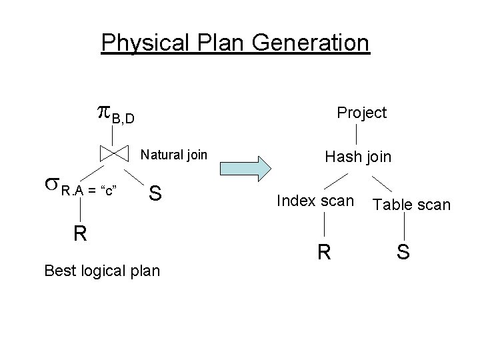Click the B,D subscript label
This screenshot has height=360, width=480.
123,119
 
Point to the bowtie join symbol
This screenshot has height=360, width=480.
113,153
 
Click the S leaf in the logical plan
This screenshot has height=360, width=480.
155,193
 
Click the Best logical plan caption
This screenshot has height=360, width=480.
101,271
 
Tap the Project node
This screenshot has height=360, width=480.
361,113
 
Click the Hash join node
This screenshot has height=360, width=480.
357,157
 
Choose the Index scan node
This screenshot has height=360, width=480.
315,200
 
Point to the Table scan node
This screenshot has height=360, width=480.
411,205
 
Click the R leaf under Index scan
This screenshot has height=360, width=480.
323,252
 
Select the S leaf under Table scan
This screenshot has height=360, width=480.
403,253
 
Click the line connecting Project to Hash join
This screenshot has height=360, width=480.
359,135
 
